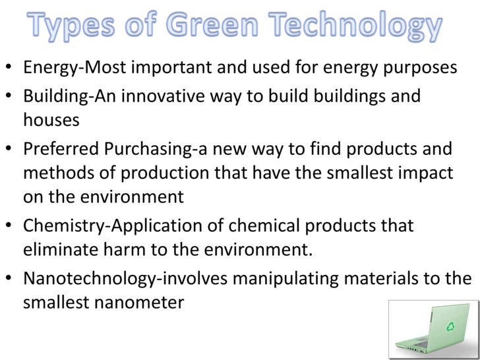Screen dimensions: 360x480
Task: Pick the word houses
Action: click(51, 120)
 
